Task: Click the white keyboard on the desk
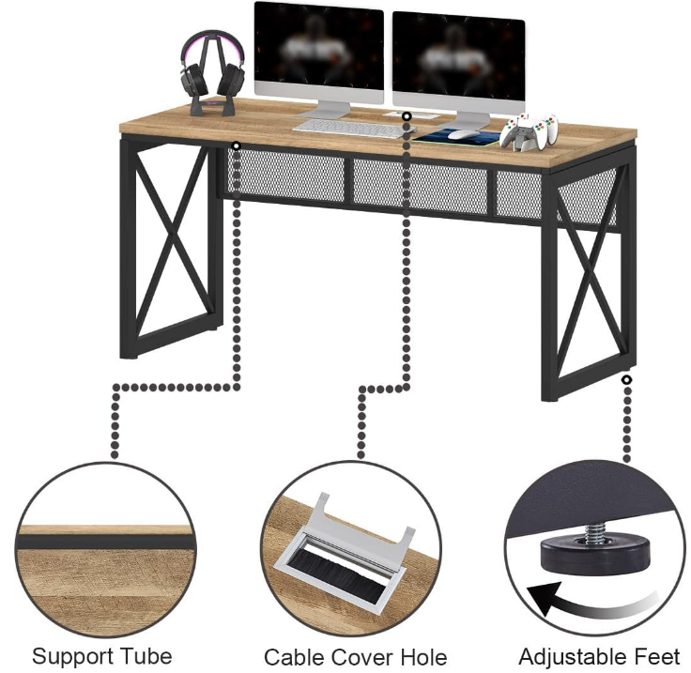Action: [x=346, y=126]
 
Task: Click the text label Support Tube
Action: [x=102, y=655]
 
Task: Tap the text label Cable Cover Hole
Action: [x=355, y=657]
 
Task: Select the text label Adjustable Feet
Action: [x=599, y=655]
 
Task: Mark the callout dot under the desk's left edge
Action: [x=235, y=146]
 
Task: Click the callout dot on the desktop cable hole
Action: [x=407, y=115]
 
